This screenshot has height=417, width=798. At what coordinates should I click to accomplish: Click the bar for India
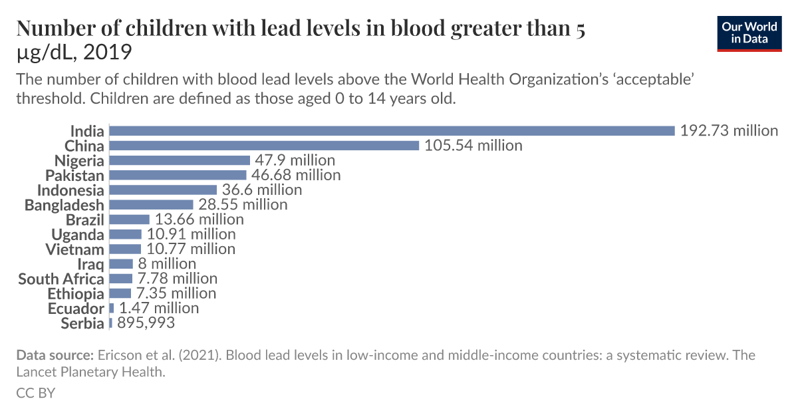coord(392,131)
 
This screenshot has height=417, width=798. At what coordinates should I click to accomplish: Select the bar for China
coord(264,146)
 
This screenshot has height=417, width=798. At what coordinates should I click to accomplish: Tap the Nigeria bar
coord(180,160)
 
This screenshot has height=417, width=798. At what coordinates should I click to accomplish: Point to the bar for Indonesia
coord(163,190)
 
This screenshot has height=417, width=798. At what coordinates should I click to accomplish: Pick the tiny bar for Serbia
coord(110,323)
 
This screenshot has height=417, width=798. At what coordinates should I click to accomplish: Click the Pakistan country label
coord(74,176)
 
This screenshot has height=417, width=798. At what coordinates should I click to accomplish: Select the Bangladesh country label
coord(65,205)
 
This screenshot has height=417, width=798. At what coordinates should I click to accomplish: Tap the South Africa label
coord(61,279)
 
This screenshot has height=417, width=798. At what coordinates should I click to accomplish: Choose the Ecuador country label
coord(76,309)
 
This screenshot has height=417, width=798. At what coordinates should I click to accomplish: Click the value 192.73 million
coord(729,130)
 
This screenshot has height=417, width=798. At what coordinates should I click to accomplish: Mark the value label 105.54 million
coord(473,145)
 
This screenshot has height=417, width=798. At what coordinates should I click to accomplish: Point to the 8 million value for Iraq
coord(167,263)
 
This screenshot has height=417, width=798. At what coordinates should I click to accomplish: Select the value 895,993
coord(146,323)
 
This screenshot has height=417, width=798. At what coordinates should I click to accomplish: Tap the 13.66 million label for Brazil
coord(199,219)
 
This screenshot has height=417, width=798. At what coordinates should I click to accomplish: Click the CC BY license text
coord(35,393)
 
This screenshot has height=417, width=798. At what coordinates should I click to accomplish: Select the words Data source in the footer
coord(55,355)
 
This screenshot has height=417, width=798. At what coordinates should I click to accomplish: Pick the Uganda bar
coord(126,234)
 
